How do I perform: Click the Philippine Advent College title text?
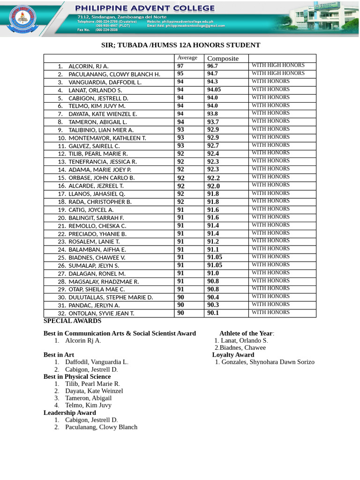(145, 8)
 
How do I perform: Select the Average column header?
(187, 58)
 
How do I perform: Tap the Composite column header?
(223, 59)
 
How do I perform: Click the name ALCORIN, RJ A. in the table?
(88, 66)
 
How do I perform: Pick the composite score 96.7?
(212, 66)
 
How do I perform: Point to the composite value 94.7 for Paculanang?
(212, 74)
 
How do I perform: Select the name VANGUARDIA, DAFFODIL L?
(105, 82)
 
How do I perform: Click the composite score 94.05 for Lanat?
(214, 90)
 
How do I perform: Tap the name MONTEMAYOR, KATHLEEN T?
(107, 138)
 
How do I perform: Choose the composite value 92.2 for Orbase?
(213, 178)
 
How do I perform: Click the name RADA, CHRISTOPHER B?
(100, 202)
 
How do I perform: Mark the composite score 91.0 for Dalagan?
(213, 273)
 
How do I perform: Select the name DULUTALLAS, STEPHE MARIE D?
(111, 297)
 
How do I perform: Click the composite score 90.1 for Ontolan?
(213, 313)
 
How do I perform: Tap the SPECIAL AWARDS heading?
(72, 321)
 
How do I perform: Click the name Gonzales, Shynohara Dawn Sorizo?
(268, 362)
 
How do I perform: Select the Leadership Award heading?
(69, 412)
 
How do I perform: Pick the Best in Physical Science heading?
(77, 376)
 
